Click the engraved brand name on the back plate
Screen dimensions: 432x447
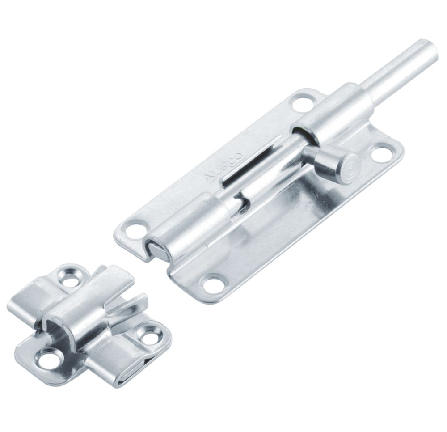point(223,168)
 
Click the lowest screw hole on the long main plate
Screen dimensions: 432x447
point(212,283)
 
